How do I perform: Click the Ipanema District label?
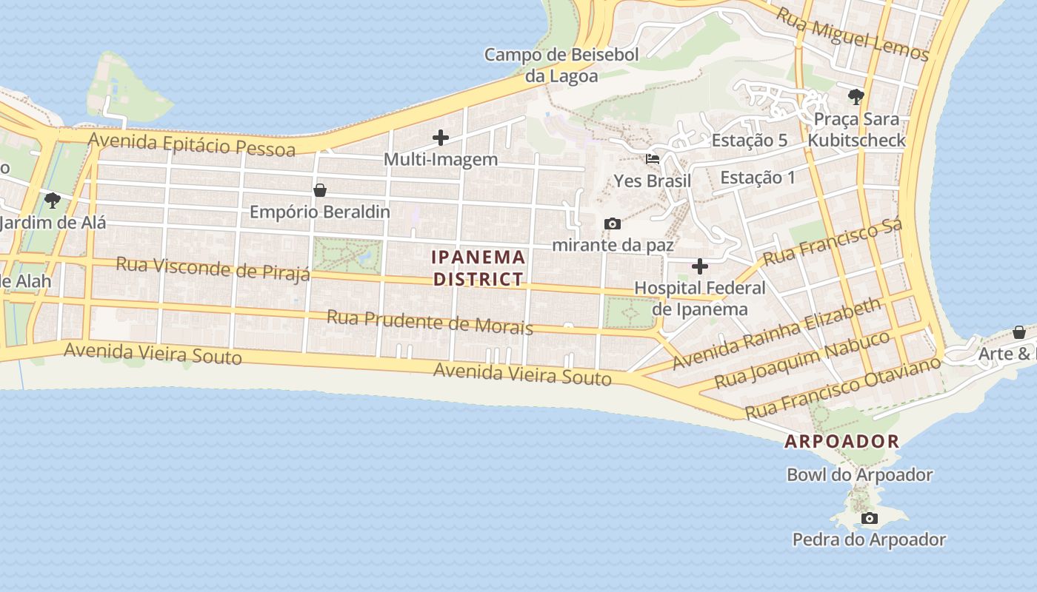[479, 268]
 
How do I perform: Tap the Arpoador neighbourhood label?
[841, 442]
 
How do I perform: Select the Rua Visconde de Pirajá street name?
[213, 269]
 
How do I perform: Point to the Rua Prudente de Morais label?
[430, 322]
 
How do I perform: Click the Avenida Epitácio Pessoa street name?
[192, 144]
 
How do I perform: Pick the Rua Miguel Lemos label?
[852, 34]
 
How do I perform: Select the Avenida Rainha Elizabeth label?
[777, 334]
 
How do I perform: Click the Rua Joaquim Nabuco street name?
[802, 360]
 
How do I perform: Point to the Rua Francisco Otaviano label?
[843, 387]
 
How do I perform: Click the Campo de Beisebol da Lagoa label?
[561, 65]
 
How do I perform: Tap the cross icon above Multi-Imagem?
[441, 138]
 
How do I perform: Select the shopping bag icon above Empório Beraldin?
[320, 190]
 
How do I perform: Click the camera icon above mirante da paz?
[613, 223]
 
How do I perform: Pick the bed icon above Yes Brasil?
[653, 159]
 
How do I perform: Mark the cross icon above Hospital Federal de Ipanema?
[700, 266]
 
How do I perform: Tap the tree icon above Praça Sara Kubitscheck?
[856, 97]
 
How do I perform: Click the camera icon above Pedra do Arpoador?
[869, 519]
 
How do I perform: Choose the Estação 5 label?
[749, 141]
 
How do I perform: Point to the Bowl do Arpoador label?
[859, 475]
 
